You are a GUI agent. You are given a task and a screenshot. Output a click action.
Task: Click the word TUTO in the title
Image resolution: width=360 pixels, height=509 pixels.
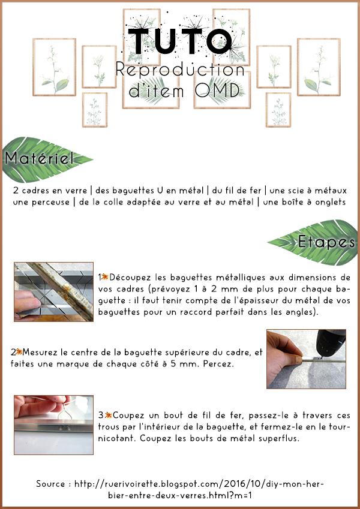coord(180,41)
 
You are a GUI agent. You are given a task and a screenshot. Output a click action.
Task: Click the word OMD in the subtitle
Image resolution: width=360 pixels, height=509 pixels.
coord(217,91)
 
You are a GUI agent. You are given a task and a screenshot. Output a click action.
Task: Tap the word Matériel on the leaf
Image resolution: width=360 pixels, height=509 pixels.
coord(39,158)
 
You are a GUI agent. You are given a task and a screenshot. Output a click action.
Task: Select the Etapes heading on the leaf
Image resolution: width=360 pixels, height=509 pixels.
coord(326,242)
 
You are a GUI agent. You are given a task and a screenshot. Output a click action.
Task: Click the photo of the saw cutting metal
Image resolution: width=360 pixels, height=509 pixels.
coord(53,292)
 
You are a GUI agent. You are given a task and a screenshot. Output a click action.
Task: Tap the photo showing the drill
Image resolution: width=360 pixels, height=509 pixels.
coord(306,359)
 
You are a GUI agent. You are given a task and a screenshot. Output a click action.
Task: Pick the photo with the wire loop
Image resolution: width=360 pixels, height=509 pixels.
coord(53,425)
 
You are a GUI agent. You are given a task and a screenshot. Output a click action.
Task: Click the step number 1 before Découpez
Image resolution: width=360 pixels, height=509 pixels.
coord(100,278)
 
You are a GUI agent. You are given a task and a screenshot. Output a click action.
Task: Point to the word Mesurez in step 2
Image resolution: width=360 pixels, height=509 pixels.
coord(41,352)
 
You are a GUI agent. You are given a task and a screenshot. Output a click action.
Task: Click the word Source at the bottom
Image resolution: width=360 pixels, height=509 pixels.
coord(50,484)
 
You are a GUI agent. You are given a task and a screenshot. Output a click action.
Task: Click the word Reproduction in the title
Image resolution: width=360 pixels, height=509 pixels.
coord(179,69)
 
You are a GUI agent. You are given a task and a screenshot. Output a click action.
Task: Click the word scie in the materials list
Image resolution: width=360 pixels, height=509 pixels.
coord(296,190)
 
